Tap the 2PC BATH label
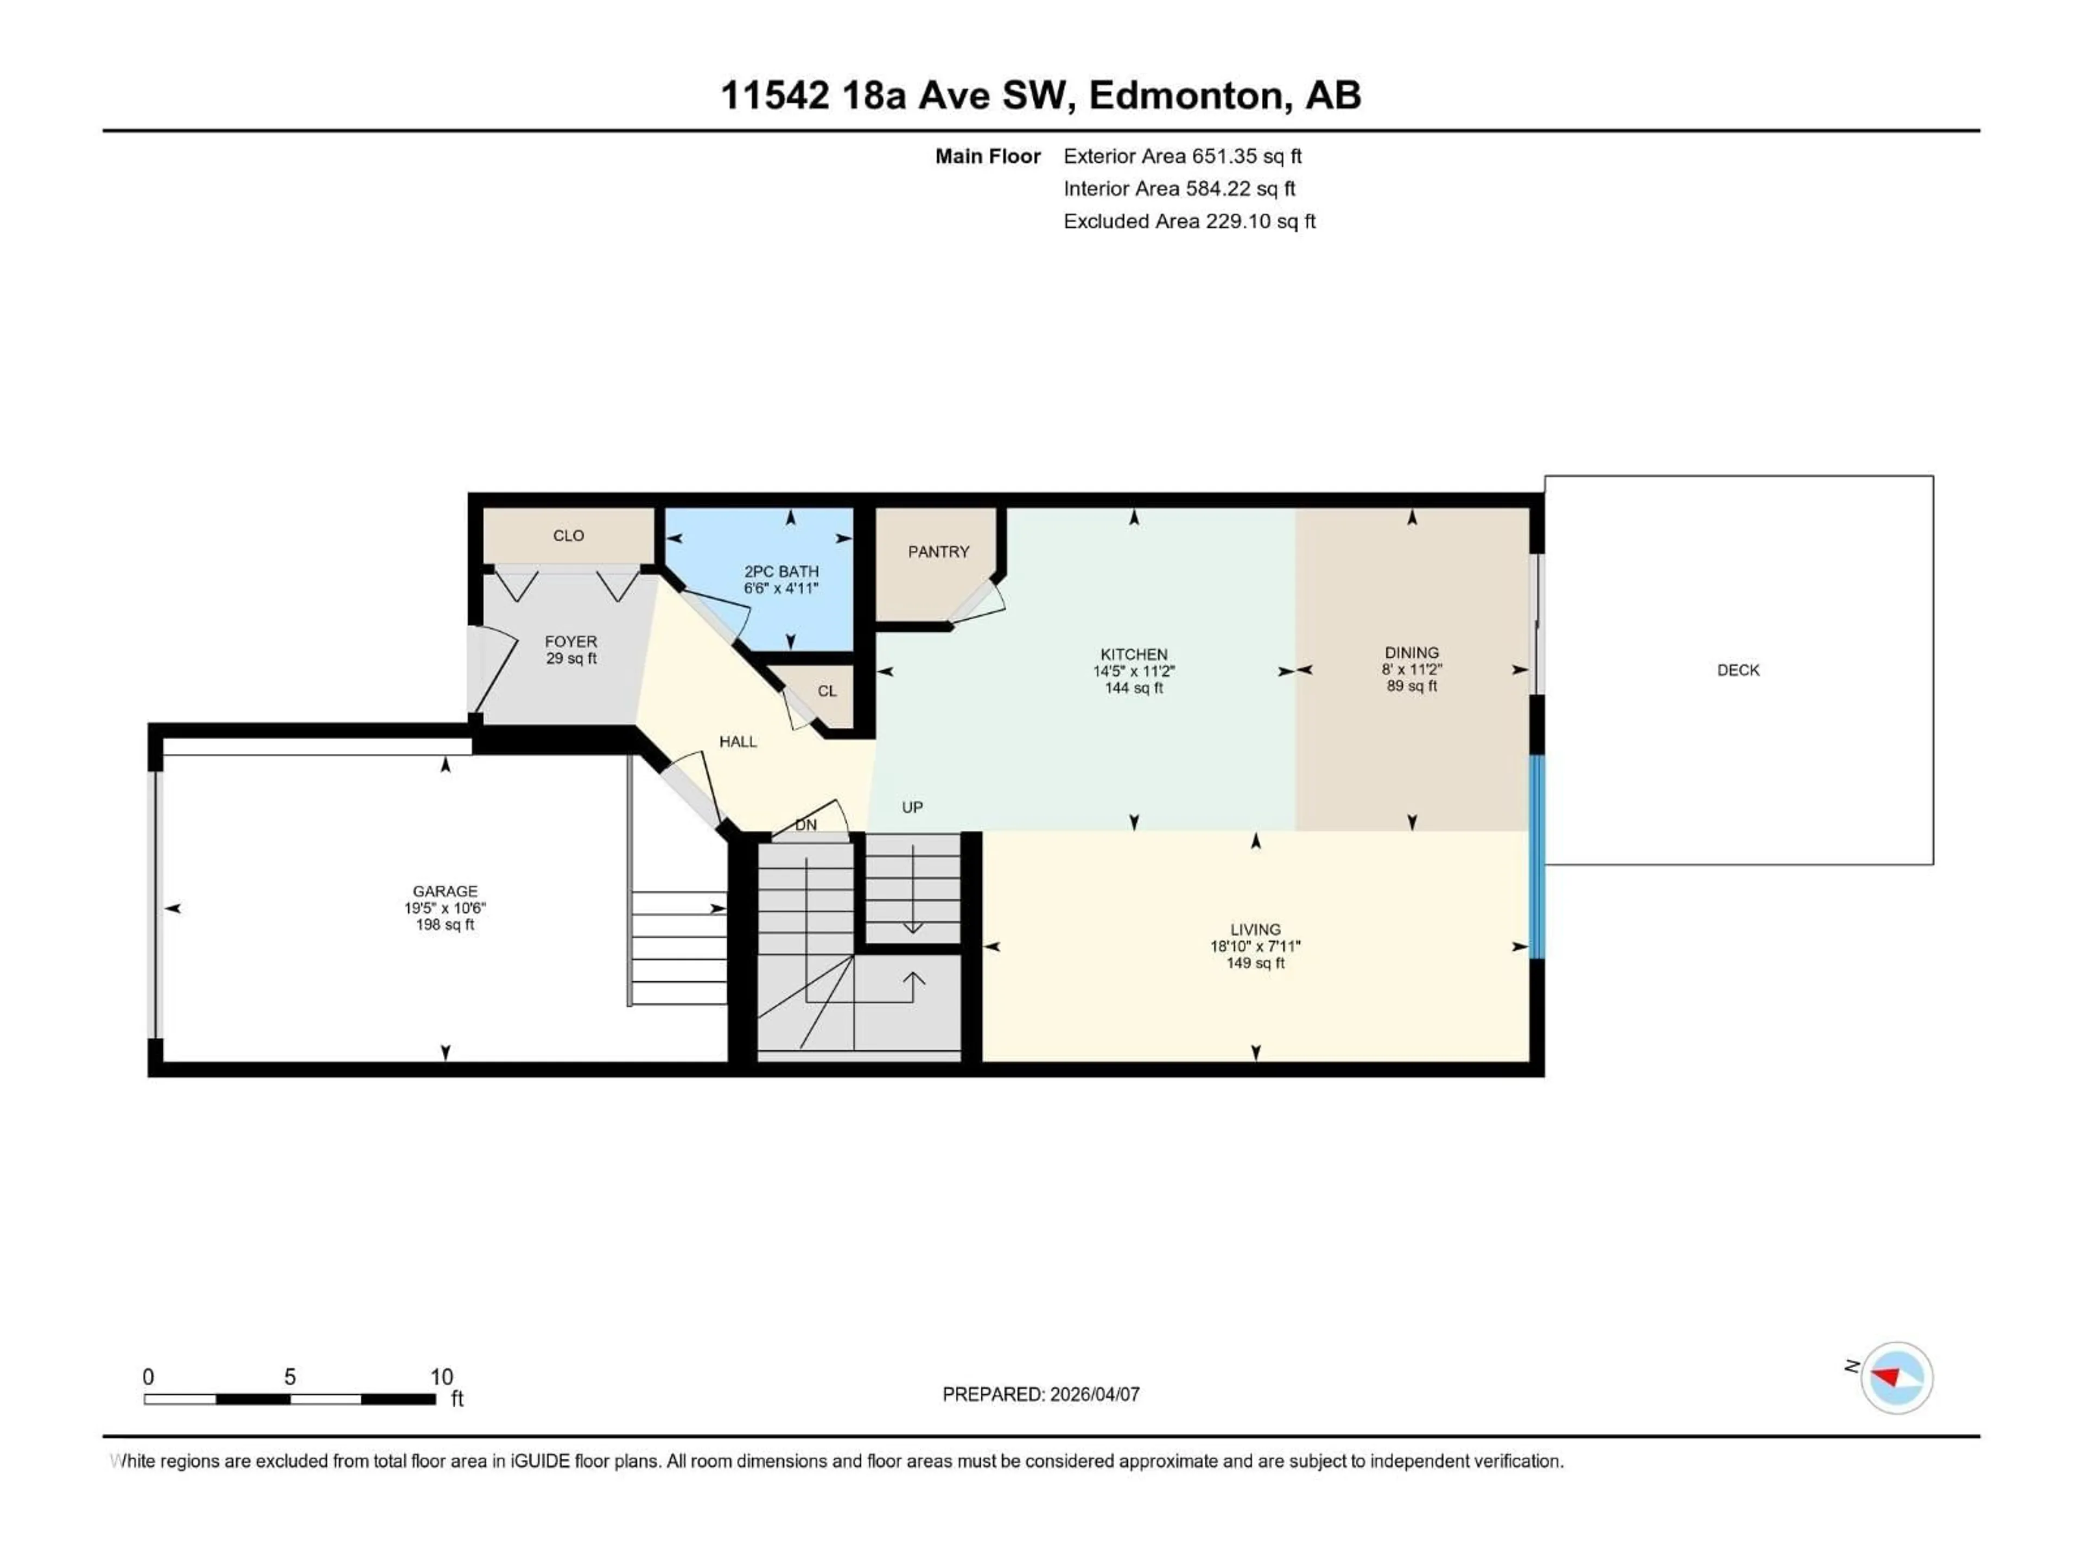[x=781, y=571]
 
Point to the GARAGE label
[x=444, y=891]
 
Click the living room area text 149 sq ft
[x=1255, y=963]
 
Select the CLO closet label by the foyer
[x=568, y=535]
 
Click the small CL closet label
[x=826, y=690]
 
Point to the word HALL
[x=738, y=741]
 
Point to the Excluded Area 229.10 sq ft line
[x=1189, y=221]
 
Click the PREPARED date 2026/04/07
[x=1040, y=1394]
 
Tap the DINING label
[x=1412, y=652]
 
